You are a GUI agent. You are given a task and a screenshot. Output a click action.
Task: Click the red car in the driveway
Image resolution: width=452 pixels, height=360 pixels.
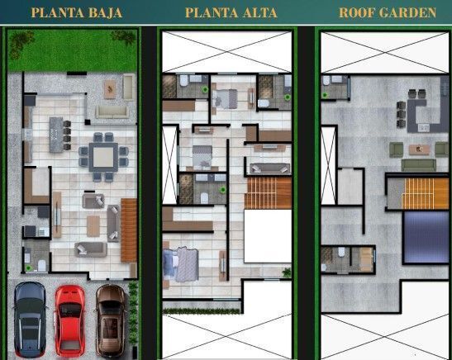click(x=69, y=320)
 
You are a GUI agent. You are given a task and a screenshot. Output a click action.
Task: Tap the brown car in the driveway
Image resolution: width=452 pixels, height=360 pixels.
click(x=111, y=320)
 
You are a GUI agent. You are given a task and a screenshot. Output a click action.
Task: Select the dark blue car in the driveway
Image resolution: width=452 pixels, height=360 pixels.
click(x=30, y=320)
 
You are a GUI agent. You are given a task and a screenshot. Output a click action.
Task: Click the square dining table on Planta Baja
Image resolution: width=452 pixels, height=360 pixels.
click(x=103, y=157)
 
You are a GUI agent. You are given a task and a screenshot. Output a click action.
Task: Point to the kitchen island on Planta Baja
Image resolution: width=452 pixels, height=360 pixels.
click(x=56, y=135)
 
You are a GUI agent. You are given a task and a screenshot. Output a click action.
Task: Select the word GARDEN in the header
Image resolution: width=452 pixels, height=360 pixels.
click(x=407, y=12)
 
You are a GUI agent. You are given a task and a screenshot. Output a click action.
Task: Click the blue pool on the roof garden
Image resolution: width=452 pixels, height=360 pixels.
click(x=426, y=237)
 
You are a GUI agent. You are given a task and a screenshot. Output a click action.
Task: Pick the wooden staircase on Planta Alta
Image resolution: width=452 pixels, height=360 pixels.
click(x=268, y=193)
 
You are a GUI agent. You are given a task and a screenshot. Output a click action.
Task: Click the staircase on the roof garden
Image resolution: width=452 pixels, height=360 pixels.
click(x=426, y=193)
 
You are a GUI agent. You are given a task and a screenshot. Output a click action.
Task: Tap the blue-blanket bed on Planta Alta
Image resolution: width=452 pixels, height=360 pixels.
click(x=181, y=264)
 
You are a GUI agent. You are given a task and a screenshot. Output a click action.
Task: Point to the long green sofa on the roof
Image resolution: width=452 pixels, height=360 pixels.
click(x=419, y=165)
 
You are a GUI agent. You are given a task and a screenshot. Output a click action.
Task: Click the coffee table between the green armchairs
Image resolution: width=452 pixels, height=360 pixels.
click(x=419, y=149)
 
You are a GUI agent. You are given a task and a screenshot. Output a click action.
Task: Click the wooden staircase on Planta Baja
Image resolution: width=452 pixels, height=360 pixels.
click(x=129, y=230)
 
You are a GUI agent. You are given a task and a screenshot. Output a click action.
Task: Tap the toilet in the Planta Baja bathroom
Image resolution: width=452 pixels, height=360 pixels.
click(x=42, y=266)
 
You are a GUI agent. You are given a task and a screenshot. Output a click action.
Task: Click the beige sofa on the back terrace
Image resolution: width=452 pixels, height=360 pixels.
click(x=112, y=112)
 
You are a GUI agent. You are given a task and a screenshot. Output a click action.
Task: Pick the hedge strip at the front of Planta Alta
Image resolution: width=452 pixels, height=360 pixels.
click(x=201, y=311)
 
